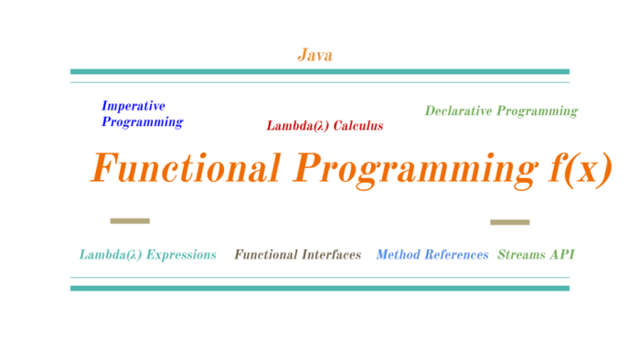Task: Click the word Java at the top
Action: [315, 55]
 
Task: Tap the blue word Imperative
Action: [133, 106]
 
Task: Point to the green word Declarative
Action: [459, 111]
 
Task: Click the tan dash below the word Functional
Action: [130, 220]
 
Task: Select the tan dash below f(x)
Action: [509, 222]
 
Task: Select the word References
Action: [458, 255]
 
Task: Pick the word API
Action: [562, 255]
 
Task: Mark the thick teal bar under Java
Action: [319, 71]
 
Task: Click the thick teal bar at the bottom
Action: [319, 288]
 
